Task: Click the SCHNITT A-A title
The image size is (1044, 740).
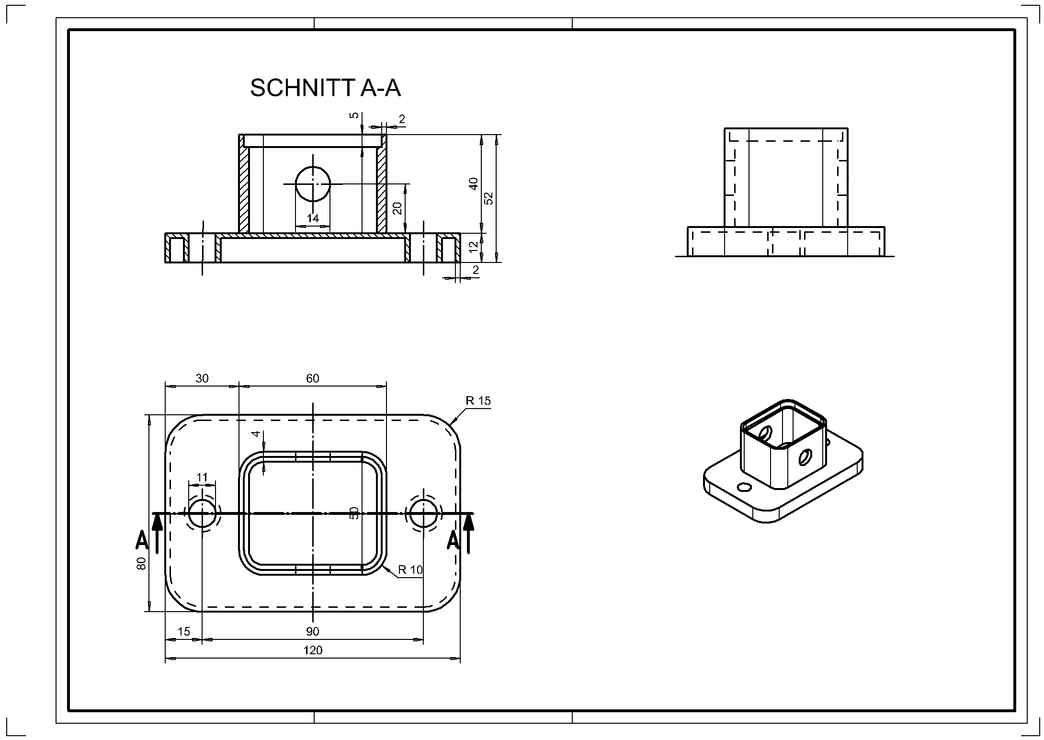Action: pos(325,89)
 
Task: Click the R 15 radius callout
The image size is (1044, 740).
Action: pos(478,401)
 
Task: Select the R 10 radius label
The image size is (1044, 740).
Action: pos(410,569)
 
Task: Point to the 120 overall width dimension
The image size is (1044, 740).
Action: pos(313,650)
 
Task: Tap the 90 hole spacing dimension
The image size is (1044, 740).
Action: pos(312,631)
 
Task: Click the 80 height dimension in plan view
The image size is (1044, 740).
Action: pos(141,563)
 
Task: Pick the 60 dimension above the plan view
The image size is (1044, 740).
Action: pos(312,378)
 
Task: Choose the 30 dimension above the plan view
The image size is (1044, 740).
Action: pos(202,378)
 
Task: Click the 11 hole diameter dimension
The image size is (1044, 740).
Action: pos(202,477)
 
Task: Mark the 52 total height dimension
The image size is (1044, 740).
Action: pos(489,198)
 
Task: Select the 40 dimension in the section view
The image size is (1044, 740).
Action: pos(474,184)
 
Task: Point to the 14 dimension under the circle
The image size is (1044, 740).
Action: pos(313,218)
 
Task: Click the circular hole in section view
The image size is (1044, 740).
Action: pos(313,184)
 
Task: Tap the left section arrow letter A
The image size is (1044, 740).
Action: pos(142,539)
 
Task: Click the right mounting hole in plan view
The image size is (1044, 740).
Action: pos(423,512)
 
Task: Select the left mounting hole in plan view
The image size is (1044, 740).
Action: pos(202,512)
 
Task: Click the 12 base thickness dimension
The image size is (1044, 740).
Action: pos(474,247)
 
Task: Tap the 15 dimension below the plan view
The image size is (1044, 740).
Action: pos(183,631)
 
